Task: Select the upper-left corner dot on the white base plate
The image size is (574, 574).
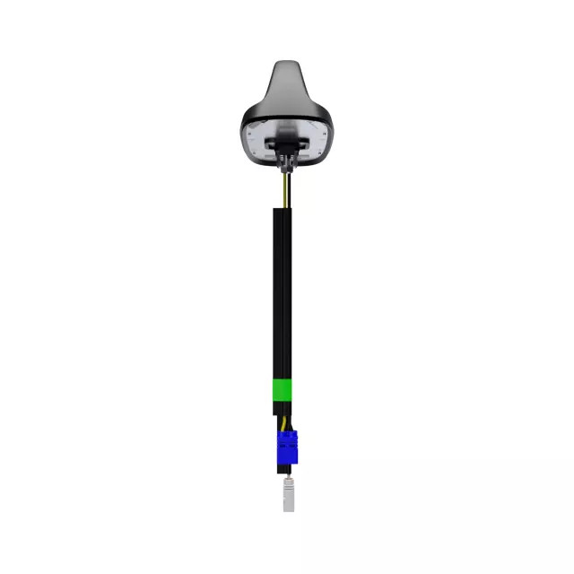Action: click(x=249, y=133)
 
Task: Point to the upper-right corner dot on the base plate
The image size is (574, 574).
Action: click(x=325, y=133)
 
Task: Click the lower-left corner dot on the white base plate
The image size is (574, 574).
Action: click(x=254, y=152)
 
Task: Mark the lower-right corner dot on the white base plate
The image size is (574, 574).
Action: click(x=320, y=152)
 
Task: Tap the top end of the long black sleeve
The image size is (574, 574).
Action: click(x=282, y=209)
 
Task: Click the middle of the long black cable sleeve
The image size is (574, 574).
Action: click(x=282, y=296)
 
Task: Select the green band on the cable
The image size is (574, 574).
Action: click(x=283, y=390)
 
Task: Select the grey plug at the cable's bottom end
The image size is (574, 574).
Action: click(x=288, y=495)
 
